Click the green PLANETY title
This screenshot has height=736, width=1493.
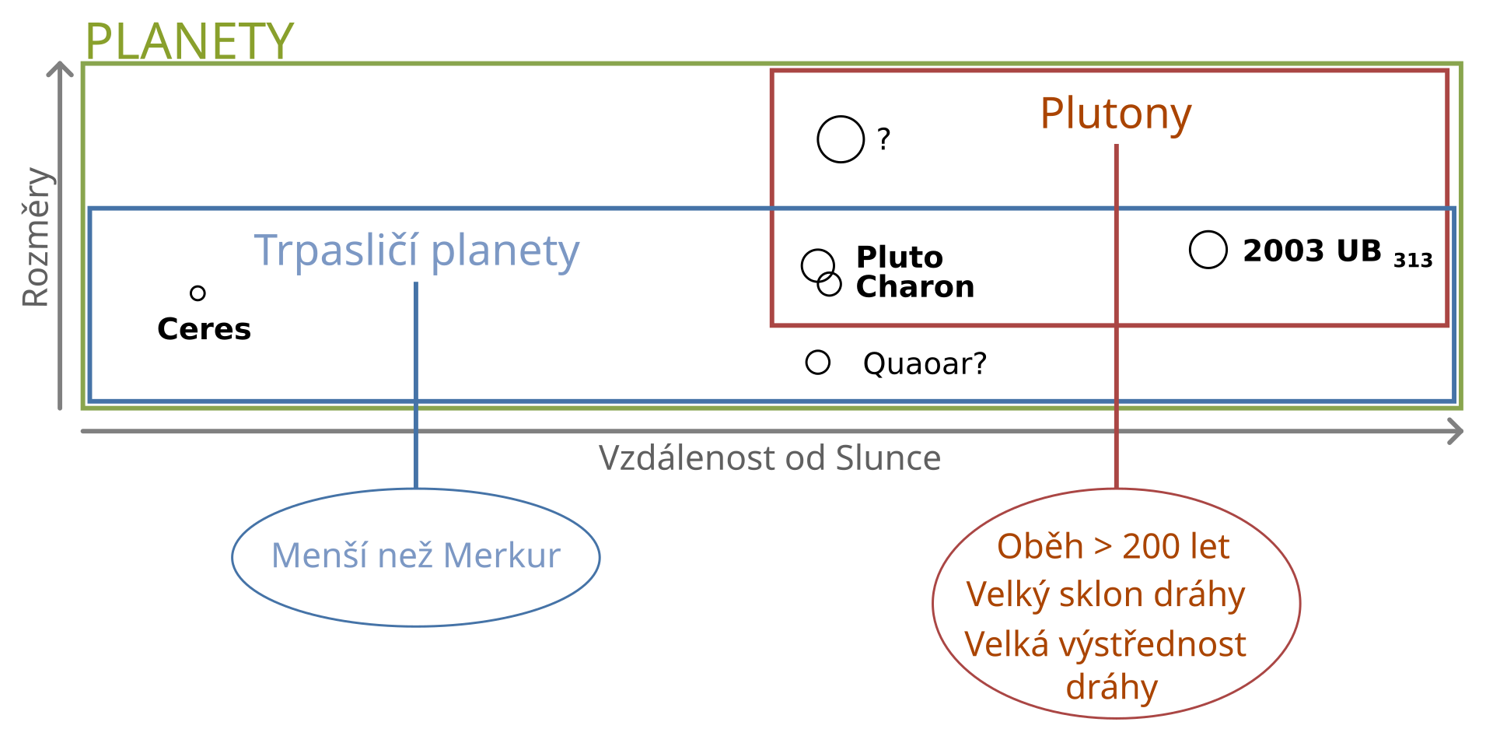coord(189,40)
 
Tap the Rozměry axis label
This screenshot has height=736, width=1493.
coord(37,237)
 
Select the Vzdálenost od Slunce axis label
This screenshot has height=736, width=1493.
coord(770,458)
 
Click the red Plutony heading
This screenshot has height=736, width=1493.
coord(1116,115)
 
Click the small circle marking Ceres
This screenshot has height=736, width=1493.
coord(198,293)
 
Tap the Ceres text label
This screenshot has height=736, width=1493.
coord(204,329)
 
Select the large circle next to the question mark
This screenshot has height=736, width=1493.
coord(841,139)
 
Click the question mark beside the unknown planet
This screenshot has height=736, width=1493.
coord(883,139)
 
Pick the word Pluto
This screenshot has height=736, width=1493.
coord(900,257)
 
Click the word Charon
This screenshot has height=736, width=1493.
coord(915,287)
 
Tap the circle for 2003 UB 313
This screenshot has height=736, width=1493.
coord(1208,250)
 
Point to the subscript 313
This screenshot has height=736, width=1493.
coord(1413,260)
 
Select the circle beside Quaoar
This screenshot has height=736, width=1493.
coord(818,362)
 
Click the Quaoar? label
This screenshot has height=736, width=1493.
coord(925,363)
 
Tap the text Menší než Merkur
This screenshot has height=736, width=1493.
coord(416,556)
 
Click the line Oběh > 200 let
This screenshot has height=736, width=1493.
coord(1114,547)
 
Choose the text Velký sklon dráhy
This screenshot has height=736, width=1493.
coord(1106,595)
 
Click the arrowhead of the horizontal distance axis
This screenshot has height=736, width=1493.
coord(1456,431)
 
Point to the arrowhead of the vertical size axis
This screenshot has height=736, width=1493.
coord(60,69)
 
